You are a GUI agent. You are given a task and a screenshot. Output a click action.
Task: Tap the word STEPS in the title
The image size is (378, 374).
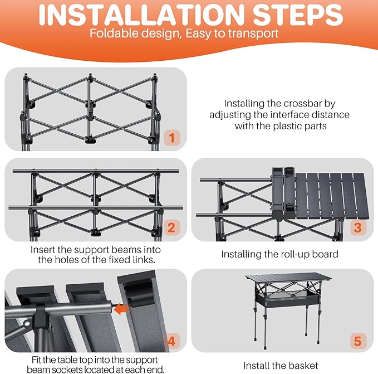[x=298, y=15]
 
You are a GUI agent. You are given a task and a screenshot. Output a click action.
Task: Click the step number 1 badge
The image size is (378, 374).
[x=172, y=138]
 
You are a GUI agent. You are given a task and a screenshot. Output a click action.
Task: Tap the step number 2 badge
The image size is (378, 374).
[x=171, y=227]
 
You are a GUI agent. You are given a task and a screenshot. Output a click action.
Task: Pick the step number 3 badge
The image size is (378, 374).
[x=358, y=227]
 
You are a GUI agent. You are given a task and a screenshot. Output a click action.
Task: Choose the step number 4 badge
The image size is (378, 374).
[x=171, y=341]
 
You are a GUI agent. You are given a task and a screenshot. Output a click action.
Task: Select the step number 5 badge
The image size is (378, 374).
[x=358, y=341]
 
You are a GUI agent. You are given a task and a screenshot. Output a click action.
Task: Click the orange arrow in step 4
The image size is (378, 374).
[x=121, y=309]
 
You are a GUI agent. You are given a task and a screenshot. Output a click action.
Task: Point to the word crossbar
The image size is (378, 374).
[x=302, y=104]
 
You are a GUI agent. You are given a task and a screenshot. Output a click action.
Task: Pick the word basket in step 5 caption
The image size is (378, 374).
[x=303, y=366]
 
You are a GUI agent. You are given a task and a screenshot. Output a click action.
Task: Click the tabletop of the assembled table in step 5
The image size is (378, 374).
[x=288, y=277]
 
